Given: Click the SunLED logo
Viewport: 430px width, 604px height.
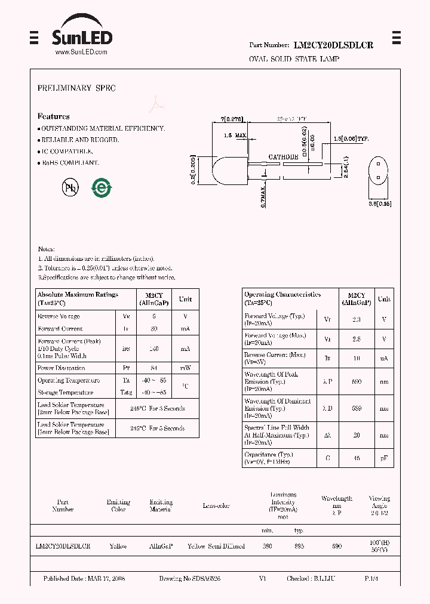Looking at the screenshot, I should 82,35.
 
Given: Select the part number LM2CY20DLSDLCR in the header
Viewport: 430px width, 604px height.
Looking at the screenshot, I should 333,45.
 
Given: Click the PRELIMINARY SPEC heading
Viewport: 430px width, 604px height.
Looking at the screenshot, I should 76,88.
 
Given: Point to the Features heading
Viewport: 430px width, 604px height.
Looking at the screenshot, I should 53,116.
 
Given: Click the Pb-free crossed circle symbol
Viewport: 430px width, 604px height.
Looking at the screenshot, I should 70,187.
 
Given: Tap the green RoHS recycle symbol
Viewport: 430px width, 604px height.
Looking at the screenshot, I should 102,187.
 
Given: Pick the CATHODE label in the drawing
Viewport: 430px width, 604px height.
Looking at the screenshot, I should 283,157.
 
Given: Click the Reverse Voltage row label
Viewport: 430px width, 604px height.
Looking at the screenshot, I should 59,316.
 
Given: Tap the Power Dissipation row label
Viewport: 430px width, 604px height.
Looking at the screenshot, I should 61,368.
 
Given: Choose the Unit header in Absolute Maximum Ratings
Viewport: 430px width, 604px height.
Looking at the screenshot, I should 185,299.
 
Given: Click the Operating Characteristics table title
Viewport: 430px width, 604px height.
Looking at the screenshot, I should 282,294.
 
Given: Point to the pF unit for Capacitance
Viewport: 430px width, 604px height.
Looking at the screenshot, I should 384,458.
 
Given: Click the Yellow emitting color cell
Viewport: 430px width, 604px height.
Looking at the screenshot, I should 118,546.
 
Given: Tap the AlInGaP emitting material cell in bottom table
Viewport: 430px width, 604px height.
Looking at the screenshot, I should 161,546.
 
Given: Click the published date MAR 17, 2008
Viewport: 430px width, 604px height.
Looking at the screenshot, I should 106,579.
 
